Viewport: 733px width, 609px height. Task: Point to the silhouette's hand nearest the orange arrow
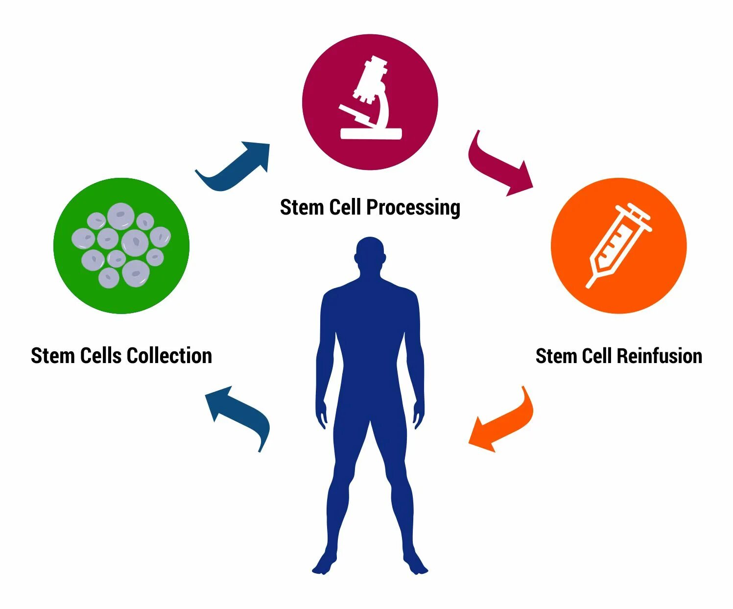point(418,415)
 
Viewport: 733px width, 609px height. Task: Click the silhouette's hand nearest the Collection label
point(322,415)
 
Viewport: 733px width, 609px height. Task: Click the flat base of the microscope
point(371,133)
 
